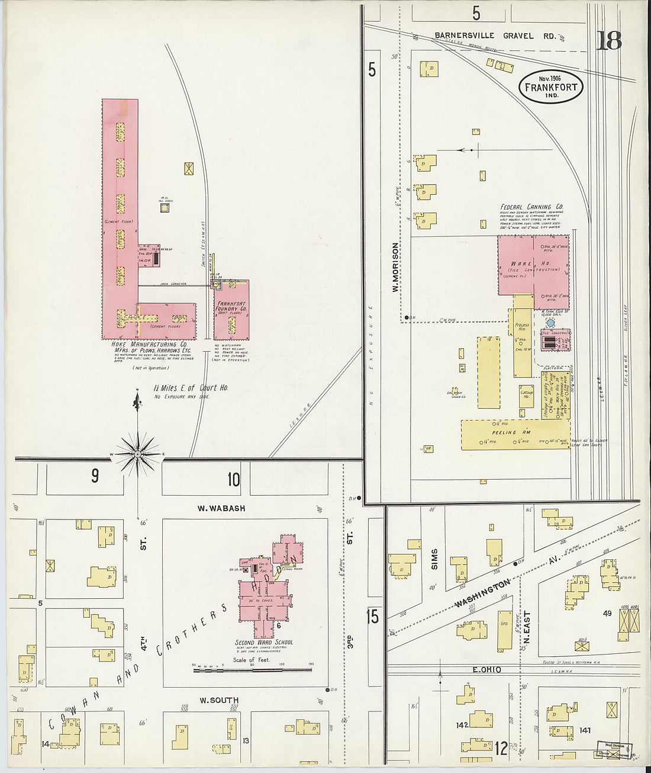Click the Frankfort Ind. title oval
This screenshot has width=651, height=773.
[550, 87]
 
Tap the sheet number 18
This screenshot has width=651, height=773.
[609, 41]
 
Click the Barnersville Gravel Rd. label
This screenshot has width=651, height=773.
[495, 36]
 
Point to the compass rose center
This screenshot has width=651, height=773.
[137, 454]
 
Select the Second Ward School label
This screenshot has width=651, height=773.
[263, 642]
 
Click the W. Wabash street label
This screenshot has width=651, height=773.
[222, 508]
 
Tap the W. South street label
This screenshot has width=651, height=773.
[218, 700]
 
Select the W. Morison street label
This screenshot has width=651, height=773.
[394, 267]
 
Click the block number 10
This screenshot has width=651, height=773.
[234, 479]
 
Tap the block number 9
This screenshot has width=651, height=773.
[95, 476]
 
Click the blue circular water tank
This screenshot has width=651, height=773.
[550, 323]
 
